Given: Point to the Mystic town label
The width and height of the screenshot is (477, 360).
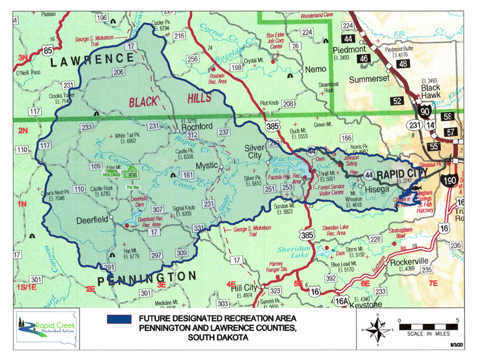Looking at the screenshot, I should (207, 166).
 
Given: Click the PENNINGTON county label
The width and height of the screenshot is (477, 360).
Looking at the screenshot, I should (147, 277).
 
